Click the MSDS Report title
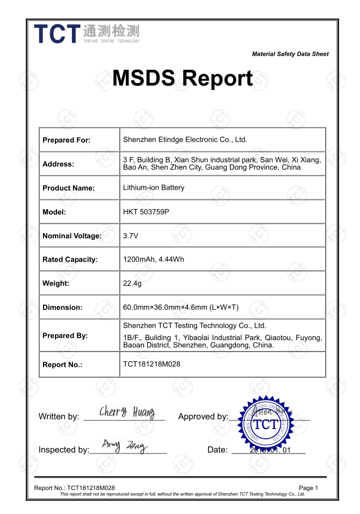(x=182, y=78)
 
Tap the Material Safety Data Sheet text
(x=290, y=54)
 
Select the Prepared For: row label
(x=66, y=140)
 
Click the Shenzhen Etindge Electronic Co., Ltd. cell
(x=185, y=140)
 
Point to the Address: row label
(x=58, y=164)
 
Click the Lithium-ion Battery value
(x=154, y=188)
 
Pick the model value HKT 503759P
(x=146, y=211)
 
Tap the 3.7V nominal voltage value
(x=131, y=235)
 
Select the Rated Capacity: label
(x=70, y=259)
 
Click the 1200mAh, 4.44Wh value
(x=154, y=259)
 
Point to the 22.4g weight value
(x=132, y=283)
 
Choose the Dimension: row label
(x=63, y=307)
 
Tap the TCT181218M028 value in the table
(x=151, y=364)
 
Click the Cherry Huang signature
(x=127, y=412)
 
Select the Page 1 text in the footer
(x=308, y=488)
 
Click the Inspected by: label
(x=64, y=450)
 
